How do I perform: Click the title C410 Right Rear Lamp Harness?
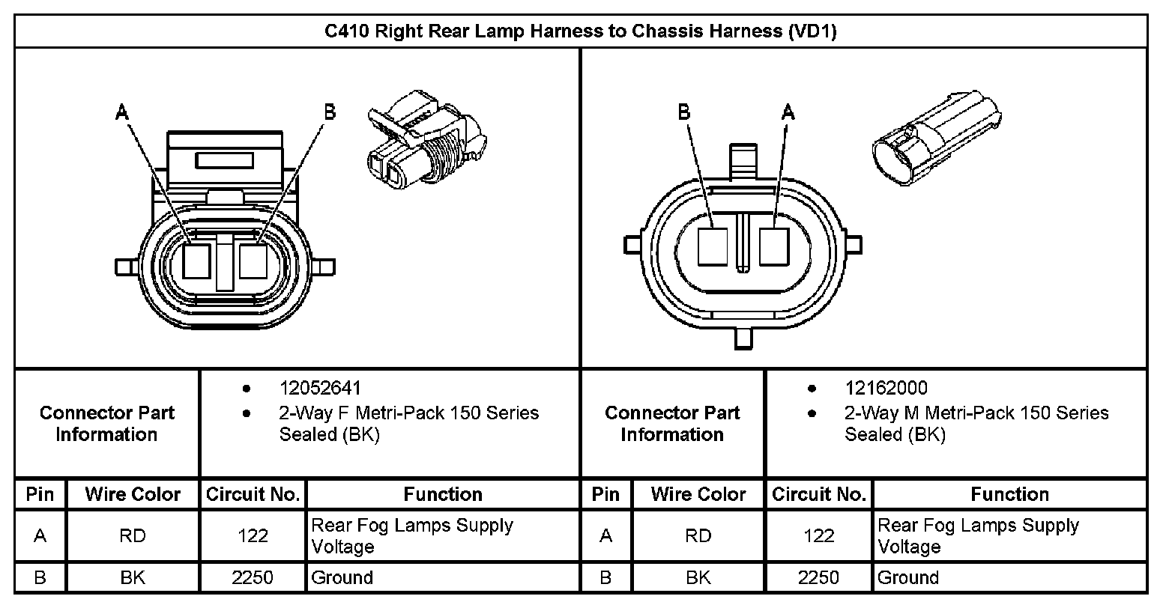point(580,31)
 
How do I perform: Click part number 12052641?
point(320,388)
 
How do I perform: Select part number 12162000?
point(886,388)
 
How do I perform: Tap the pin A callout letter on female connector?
point(122,112)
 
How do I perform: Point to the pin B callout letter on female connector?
point(329,112)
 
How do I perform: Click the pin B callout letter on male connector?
point(683,112)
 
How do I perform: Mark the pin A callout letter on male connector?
point(788,112)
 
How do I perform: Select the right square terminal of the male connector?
point(774,246)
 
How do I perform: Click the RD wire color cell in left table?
point(133,536)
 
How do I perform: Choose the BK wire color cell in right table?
point(698,577)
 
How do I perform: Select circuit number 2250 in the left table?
point(253,577)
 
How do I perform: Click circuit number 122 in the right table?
point(818,536)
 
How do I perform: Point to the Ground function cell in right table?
point(908,577)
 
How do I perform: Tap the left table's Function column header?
point(443,494)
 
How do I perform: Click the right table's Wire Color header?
point(698,494)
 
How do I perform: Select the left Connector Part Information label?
point(106,424)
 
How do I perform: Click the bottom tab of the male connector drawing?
point(743,338)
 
